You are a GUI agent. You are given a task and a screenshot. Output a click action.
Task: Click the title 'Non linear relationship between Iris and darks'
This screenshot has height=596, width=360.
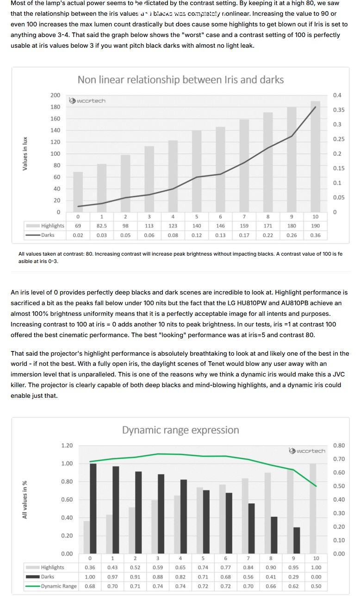coord(180,80)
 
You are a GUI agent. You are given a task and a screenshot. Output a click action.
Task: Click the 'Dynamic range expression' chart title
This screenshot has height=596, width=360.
coord(180,430)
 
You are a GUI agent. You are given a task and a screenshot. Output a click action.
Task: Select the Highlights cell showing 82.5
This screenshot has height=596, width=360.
coord(102,226)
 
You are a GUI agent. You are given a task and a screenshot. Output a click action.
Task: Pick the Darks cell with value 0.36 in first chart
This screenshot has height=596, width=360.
coord(315,235)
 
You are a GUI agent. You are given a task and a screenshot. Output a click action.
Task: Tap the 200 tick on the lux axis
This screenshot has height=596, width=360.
coord(55,95)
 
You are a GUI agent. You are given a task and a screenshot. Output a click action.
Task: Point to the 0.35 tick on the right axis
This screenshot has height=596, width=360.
coord(339,110)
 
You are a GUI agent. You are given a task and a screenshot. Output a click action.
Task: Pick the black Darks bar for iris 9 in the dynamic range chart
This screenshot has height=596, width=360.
coord(297,540)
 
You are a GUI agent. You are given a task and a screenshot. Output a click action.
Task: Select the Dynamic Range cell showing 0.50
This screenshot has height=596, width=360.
coord(316,586)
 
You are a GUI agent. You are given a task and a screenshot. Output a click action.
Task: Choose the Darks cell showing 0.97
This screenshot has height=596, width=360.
coord(112,577)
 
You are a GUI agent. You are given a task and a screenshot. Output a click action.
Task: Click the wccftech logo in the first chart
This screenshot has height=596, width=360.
coord(87,100)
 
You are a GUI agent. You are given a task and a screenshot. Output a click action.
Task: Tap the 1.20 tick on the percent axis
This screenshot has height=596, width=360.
coord(67,445)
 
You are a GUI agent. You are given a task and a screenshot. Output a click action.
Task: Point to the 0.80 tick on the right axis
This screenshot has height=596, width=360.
coord(339,445)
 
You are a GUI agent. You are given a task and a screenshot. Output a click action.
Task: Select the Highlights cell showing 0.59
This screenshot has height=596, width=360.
coord(158,567)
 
